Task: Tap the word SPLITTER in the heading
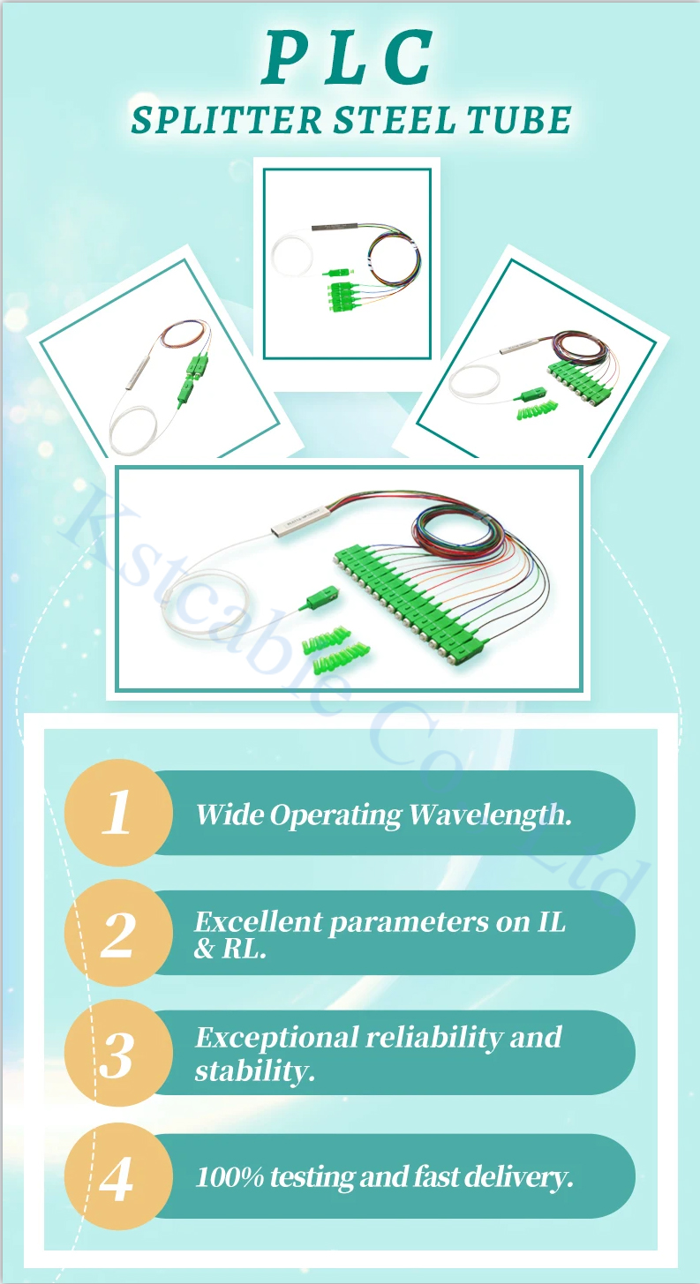point(227,120)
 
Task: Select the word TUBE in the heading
point(520,120)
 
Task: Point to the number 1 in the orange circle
point(117,812)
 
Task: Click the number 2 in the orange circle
point(117,935)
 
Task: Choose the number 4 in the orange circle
point(117,1178)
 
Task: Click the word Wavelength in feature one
point(490,815)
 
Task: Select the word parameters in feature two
point(408,923)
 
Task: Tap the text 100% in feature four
point(230,1177)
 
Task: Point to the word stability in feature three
point(255,1070)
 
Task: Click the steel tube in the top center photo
point(335,227)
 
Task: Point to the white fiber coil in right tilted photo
point(474,381)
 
